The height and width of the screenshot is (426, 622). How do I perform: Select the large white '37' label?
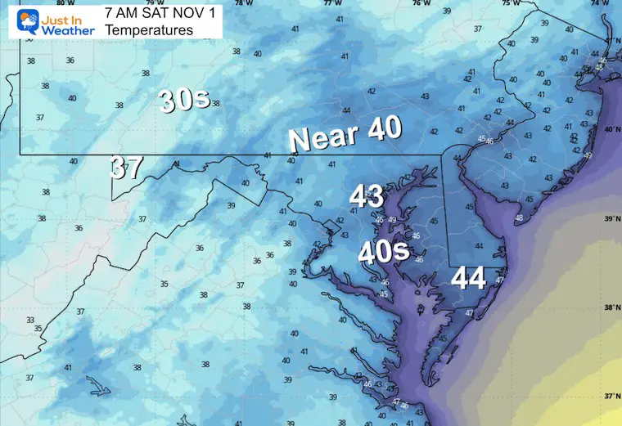(x=128, y=168)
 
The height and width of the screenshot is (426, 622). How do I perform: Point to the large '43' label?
(x=366, y=196)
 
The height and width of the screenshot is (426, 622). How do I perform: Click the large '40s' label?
(x=383, y=250)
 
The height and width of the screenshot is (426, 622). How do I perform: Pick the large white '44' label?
(x=470, y=279)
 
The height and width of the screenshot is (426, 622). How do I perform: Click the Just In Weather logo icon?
(x=29, y=19)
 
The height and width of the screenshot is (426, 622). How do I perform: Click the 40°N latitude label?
(x=610, y=130)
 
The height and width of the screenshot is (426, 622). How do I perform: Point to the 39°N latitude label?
(x=610, y=219)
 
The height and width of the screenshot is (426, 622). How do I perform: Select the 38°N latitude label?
(x=610, y=308)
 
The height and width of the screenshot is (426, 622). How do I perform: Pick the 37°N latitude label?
(x=610, y=397)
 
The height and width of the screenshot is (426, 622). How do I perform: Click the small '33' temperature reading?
(x=30, y=320)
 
